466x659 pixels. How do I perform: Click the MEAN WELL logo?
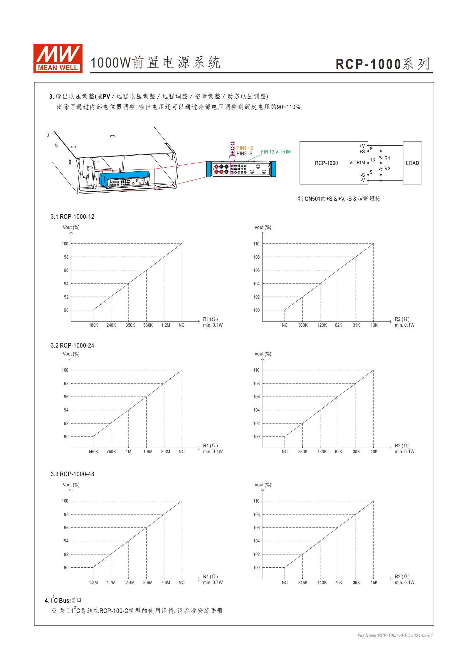58,58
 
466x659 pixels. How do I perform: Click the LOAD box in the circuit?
412,163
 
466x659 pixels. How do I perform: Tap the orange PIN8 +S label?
245,148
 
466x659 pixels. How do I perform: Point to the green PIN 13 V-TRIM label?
275,152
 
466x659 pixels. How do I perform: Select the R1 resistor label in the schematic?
387,158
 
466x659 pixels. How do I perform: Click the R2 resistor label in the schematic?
387,168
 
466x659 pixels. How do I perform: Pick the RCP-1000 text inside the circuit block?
326,163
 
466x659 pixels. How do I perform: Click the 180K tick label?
93,325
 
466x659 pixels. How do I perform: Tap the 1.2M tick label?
165,325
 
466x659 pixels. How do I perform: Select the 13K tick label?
374,325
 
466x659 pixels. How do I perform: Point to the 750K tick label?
111,452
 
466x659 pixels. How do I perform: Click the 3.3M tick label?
165,452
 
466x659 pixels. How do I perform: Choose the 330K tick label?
303,452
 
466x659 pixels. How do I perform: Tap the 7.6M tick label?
165,583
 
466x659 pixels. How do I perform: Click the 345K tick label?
303,583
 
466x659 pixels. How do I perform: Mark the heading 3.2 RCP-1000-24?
72,345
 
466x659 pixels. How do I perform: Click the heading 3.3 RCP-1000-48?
72,474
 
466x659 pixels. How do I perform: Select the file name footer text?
395,636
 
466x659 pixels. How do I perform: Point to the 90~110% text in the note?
288,107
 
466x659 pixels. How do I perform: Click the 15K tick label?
374,583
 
